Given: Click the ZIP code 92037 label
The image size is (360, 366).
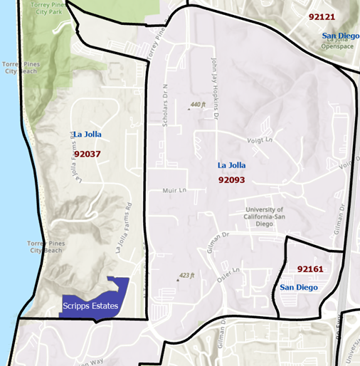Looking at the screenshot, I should click(x=88, y=153).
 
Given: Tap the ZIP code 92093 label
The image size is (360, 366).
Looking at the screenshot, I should click(x=231, y=180).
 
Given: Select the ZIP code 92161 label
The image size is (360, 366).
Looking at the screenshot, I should click(x=310, y=269).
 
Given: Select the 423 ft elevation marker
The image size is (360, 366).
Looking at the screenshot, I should click(x=186, y=275).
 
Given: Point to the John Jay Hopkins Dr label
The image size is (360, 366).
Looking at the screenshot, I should click(x=213, y=80).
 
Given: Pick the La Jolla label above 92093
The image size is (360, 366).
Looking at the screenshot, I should click(x=231, y=165).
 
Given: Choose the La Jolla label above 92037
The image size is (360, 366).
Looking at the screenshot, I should click(x=87, y=134).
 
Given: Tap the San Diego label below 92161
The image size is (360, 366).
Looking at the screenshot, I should click(x=298, y=287).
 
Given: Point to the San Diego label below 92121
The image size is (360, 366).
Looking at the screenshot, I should click(x=340, y=36).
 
